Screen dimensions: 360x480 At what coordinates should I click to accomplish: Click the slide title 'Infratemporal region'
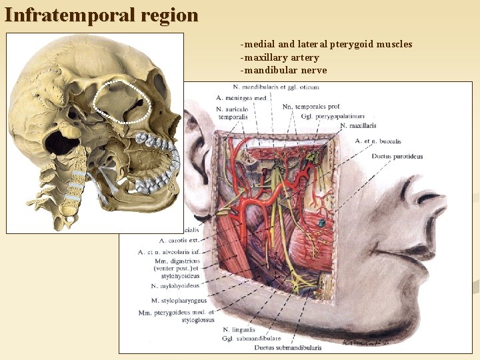101,15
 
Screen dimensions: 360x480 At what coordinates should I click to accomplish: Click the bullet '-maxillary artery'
280,57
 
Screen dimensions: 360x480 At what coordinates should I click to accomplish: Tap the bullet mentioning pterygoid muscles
327,45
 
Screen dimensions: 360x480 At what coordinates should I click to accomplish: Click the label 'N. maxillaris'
358,125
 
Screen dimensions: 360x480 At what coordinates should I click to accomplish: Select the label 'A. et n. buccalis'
378,141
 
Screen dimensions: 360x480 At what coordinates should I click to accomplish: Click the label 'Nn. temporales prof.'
311,107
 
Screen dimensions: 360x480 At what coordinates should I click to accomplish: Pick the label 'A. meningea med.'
242,98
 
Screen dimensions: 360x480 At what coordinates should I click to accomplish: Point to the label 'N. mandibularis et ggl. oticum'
280,87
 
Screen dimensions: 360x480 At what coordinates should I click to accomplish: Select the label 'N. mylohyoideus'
175,286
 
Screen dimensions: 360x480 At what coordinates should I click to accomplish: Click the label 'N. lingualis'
239,330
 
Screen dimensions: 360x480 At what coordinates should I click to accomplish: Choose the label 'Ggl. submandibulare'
251,339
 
